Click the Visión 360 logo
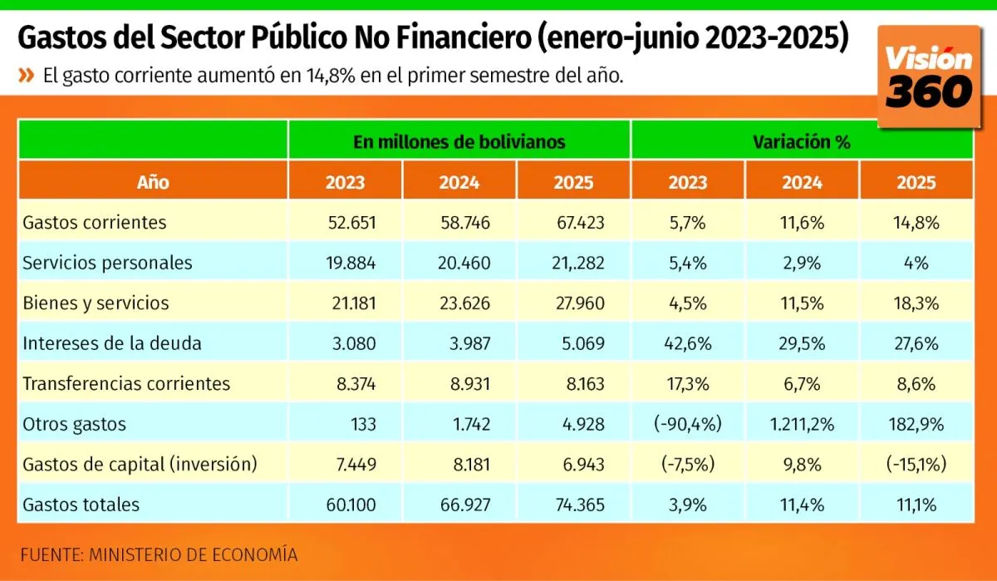928,76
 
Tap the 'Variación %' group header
801,141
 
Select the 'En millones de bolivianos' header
459,141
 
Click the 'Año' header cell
153,183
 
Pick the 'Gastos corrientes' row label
95,223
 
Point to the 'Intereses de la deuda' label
112,343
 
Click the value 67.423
581,223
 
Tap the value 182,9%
916,424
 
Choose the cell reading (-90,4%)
687,424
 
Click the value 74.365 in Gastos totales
581,505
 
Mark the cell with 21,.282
577,263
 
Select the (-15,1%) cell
916,464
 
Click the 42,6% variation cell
687,343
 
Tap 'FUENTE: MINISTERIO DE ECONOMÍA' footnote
158,554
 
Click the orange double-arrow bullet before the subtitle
27,76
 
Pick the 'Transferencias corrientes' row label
126,384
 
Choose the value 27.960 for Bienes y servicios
581,303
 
